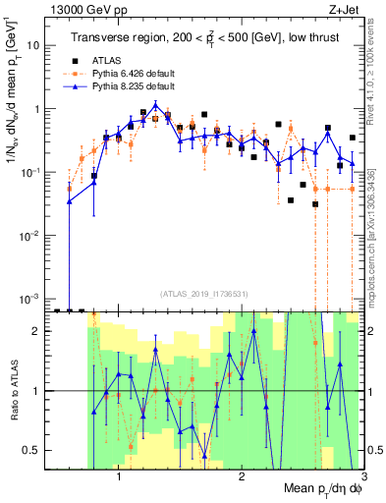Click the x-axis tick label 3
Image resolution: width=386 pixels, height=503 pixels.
point(362,478)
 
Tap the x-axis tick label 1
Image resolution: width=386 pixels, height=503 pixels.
point(119,478)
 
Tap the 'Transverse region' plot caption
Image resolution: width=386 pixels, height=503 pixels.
point(208,38)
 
